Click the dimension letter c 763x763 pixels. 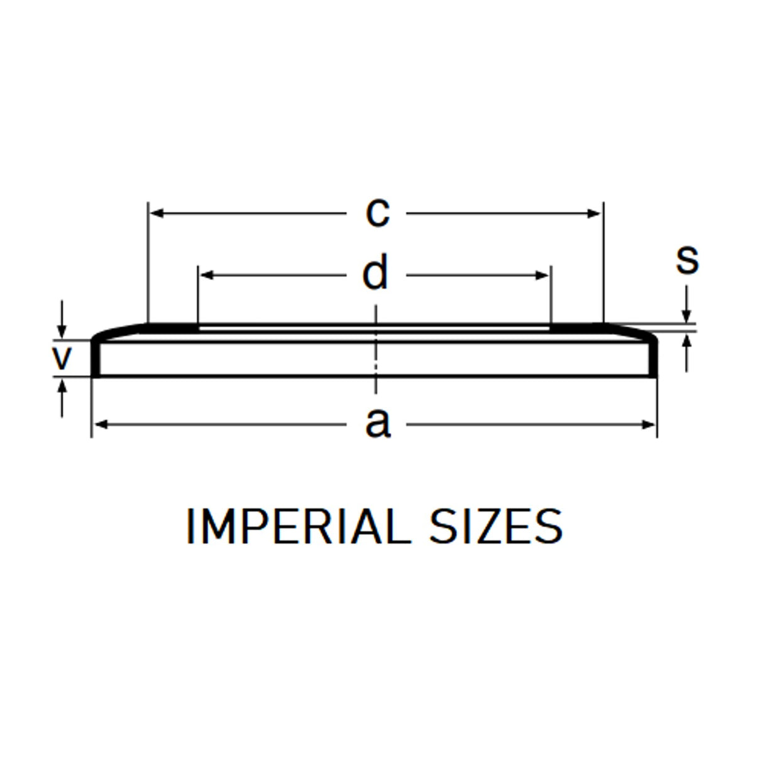click(377, 213)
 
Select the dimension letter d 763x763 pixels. click(375, 274)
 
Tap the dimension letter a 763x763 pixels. click(377, 423)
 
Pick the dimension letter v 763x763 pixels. click(62, 358)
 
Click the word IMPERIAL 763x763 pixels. click(297, 526)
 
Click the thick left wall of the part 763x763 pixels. click(96, 358)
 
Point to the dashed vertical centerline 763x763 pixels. click(376, 352)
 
